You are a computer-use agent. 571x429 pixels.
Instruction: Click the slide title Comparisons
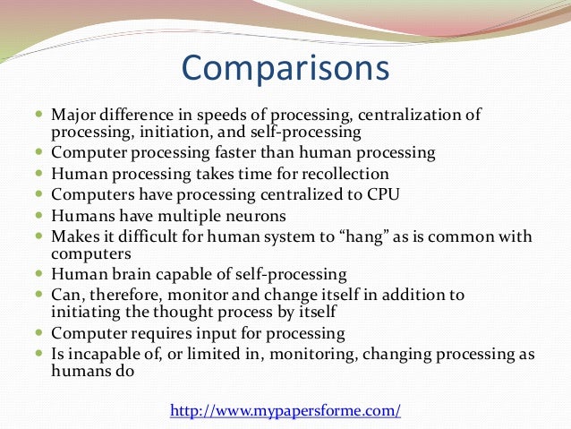coord(285,68)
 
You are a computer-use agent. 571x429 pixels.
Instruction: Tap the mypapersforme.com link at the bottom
coord(285,410)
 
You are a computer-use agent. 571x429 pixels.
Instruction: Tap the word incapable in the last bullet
coord(100,353)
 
